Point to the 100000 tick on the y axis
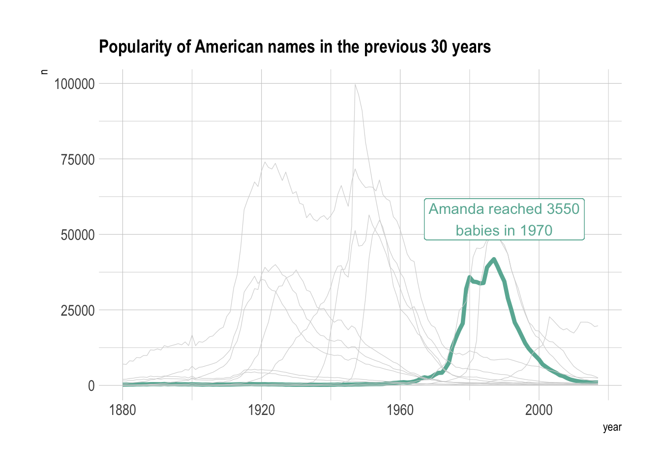click(x=74, y=84)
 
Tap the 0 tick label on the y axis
click(x=90, y=386)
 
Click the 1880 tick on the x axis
click(x=122, y=410)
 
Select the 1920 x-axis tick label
click(x=261, y=410)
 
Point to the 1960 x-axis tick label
click(x=400, y=410)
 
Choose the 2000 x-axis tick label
click(x=539, y=410)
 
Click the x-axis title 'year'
click(x=612, y=427)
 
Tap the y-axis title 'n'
click(x=44, y=72)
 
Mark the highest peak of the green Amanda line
click(x=494, y=259)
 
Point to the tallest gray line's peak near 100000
click(x=355, y=85)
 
